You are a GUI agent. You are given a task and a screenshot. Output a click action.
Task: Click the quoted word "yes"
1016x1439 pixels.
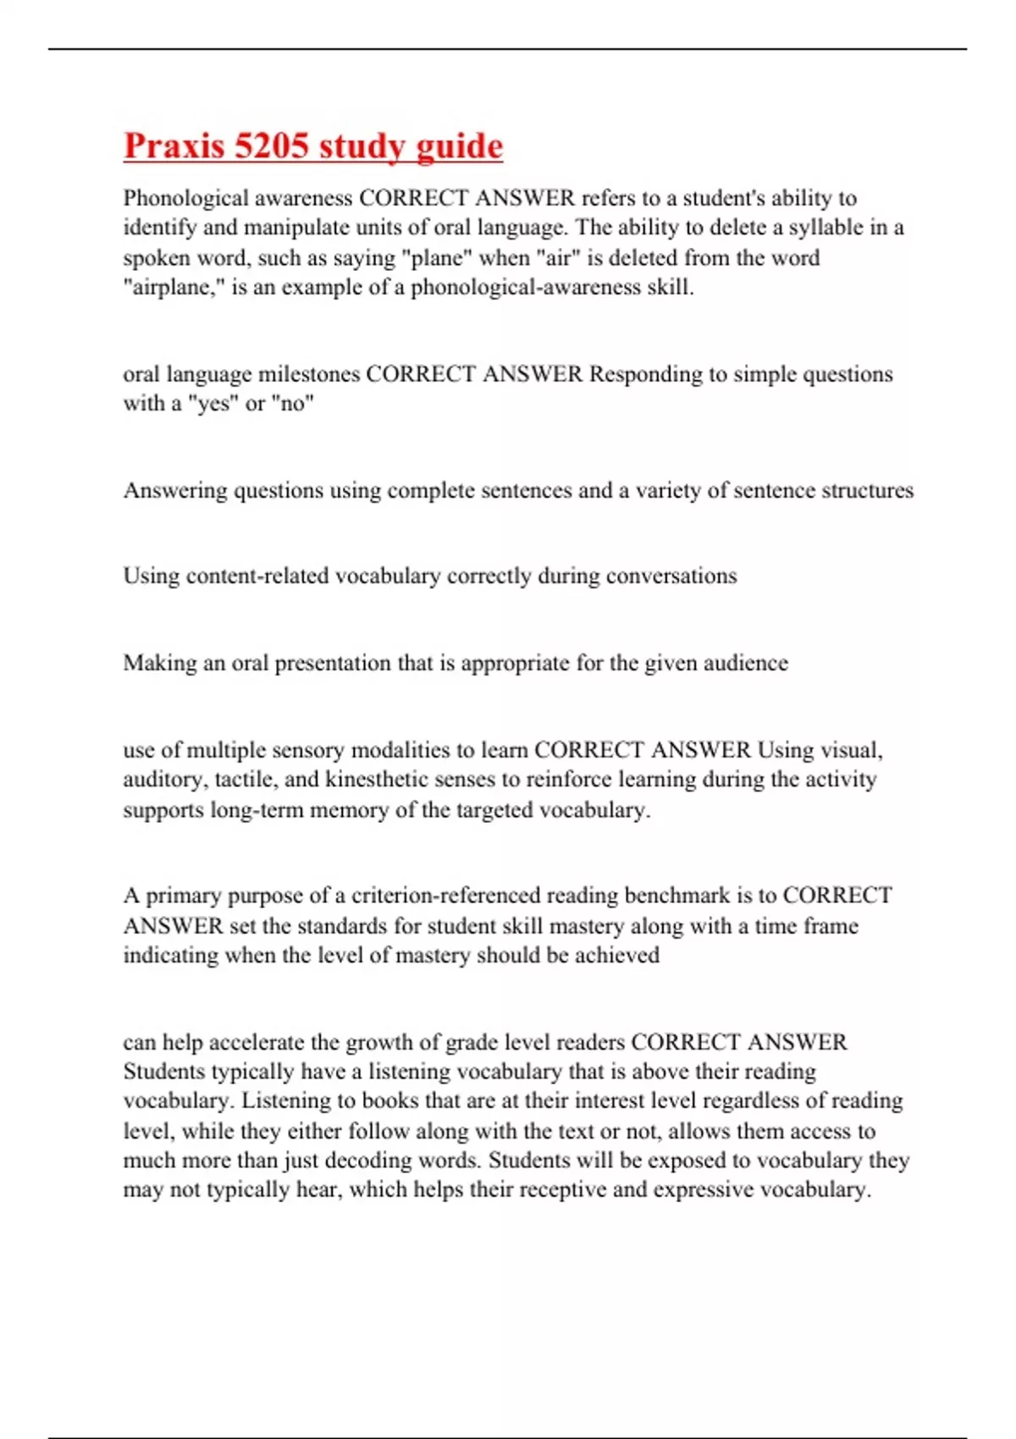[x=213, y=404]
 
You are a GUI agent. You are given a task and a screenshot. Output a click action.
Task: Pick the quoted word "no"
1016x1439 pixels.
[x=293, y=404]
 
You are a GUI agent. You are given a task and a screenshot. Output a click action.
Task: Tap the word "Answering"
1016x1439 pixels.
[x=175, y=491]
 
